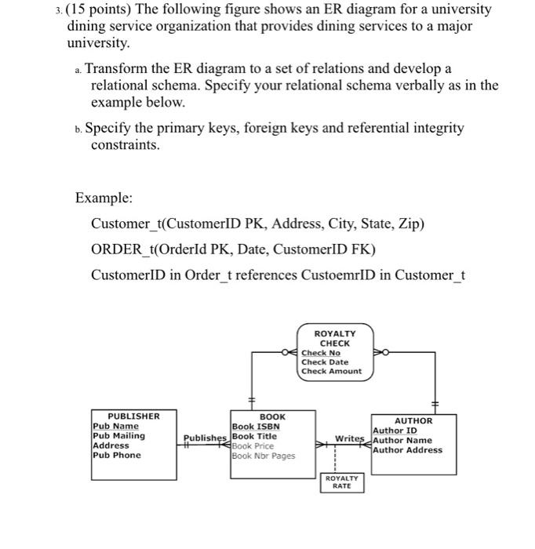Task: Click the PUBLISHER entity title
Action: (x=133, y=416)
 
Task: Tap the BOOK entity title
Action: (x=272, y=416)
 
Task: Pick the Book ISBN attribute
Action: (x=257, y=427)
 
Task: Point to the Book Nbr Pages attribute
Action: (x=264, y=456)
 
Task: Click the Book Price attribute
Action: (x=253, y=445)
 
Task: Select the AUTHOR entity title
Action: (x=413, y=420)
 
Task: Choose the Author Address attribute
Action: (x=408, y=450)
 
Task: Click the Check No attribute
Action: (x=321, y=353)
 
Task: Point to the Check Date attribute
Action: (x=325, y=362)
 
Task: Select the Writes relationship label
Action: (x=350, y=438)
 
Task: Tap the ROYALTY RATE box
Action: (x=342, y=482)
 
